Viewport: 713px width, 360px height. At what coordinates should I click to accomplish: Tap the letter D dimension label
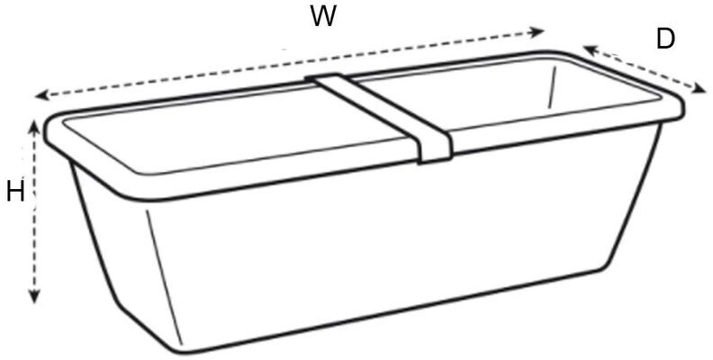pos(665,40)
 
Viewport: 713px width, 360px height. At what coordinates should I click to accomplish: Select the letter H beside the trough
pos(14,192)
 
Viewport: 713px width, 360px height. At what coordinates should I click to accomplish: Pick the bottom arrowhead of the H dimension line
pos(35,299)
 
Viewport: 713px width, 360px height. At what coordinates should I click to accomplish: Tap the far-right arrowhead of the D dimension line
pos(701,88)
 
